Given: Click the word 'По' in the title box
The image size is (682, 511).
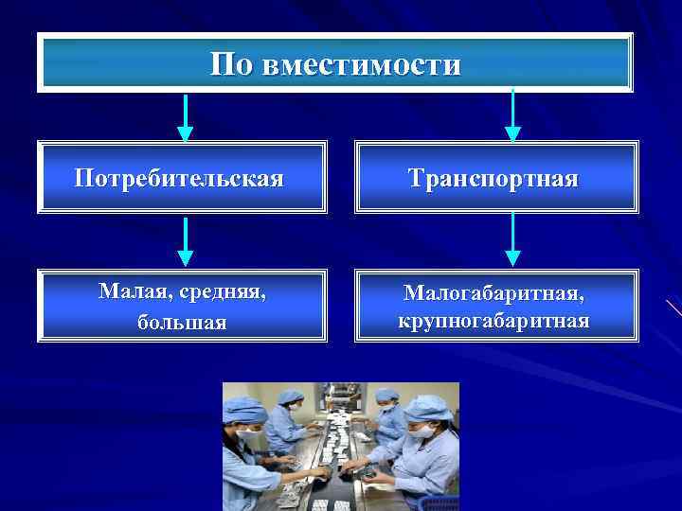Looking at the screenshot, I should point(231,64).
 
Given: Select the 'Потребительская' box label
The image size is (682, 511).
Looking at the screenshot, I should point(179,178).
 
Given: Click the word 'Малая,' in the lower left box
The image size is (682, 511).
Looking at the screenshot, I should point(133,292).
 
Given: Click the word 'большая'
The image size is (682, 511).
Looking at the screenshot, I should point(182,322).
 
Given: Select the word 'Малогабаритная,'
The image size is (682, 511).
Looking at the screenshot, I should point(494,292).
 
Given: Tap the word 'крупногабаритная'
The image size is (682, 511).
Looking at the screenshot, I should point(494,321).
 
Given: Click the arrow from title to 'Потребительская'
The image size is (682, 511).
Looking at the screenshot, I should point(186,117).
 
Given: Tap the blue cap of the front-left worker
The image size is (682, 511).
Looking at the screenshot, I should point(244,410).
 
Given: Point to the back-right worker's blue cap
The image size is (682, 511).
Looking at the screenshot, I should point(386,395).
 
